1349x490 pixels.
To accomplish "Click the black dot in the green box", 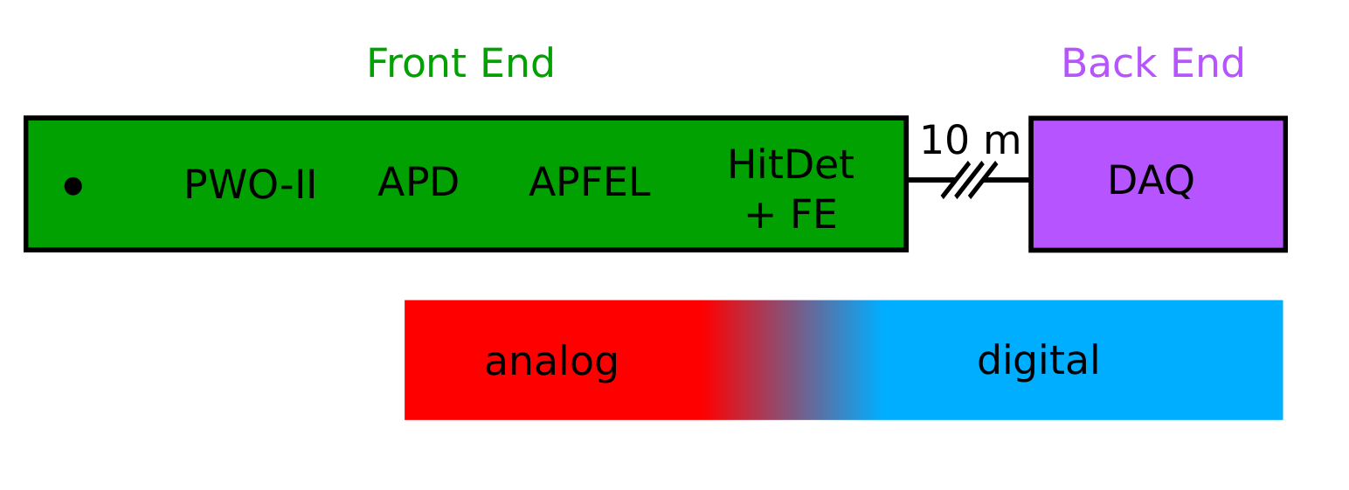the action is click(x=73, y=187).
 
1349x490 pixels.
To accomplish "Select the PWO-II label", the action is click(x=250, y=185).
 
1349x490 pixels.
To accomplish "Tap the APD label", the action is click(x=418, y=182).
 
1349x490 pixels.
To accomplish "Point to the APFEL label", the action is click(x=590, y=182).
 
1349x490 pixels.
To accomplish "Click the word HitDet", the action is click(x=791, y=164).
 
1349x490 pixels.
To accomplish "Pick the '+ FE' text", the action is click(x=791, y=214).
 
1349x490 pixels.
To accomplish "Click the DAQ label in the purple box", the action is click(x=1151, y=181).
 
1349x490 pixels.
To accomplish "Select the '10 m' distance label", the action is click(x=970, y=141).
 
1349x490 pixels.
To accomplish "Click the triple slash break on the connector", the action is click(x=969, y=180).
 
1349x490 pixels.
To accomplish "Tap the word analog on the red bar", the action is click(x=551, y=362).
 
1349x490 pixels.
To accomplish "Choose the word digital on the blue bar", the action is click(x=1038, y=360).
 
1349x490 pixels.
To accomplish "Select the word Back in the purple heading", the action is click(x=1107, y=63).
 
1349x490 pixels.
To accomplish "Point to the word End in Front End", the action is click(x=517, y=63).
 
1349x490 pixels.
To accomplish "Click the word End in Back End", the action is click(x=1208, y=63).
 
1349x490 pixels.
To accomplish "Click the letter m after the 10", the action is click(x=1002, y=144).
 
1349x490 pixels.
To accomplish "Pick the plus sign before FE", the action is click(x=759, y=216).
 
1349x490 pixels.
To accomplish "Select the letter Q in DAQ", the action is click(x=1179, y=182).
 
